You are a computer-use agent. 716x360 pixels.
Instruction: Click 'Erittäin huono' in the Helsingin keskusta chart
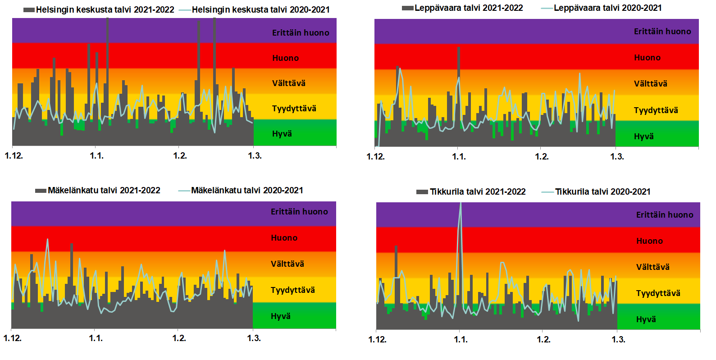(301, 32)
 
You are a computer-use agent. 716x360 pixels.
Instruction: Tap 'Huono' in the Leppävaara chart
(647, 57)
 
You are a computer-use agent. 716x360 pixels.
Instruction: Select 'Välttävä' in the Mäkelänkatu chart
(287, 264)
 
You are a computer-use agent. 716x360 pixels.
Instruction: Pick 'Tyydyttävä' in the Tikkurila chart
(658, 293)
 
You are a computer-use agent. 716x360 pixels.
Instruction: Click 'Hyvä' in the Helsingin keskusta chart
(282, 133)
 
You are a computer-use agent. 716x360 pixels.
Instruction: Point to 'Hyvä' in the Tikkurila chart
(646, 319)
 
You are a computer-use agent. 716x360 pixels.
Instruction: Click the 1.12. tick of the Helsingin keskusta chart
(14, 156)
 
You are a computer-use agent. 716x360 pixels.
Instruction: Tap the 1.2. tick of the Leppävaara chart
(542, 157)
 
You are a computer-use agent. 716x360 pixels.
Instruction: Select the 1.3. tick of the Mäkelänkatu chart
(254, 338)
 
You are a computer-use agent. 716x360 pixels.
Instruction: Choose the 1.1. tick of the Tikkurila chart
(461, 339)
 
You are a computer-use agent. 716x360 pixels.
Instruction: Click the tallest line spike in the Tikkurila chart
(461, 204)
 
